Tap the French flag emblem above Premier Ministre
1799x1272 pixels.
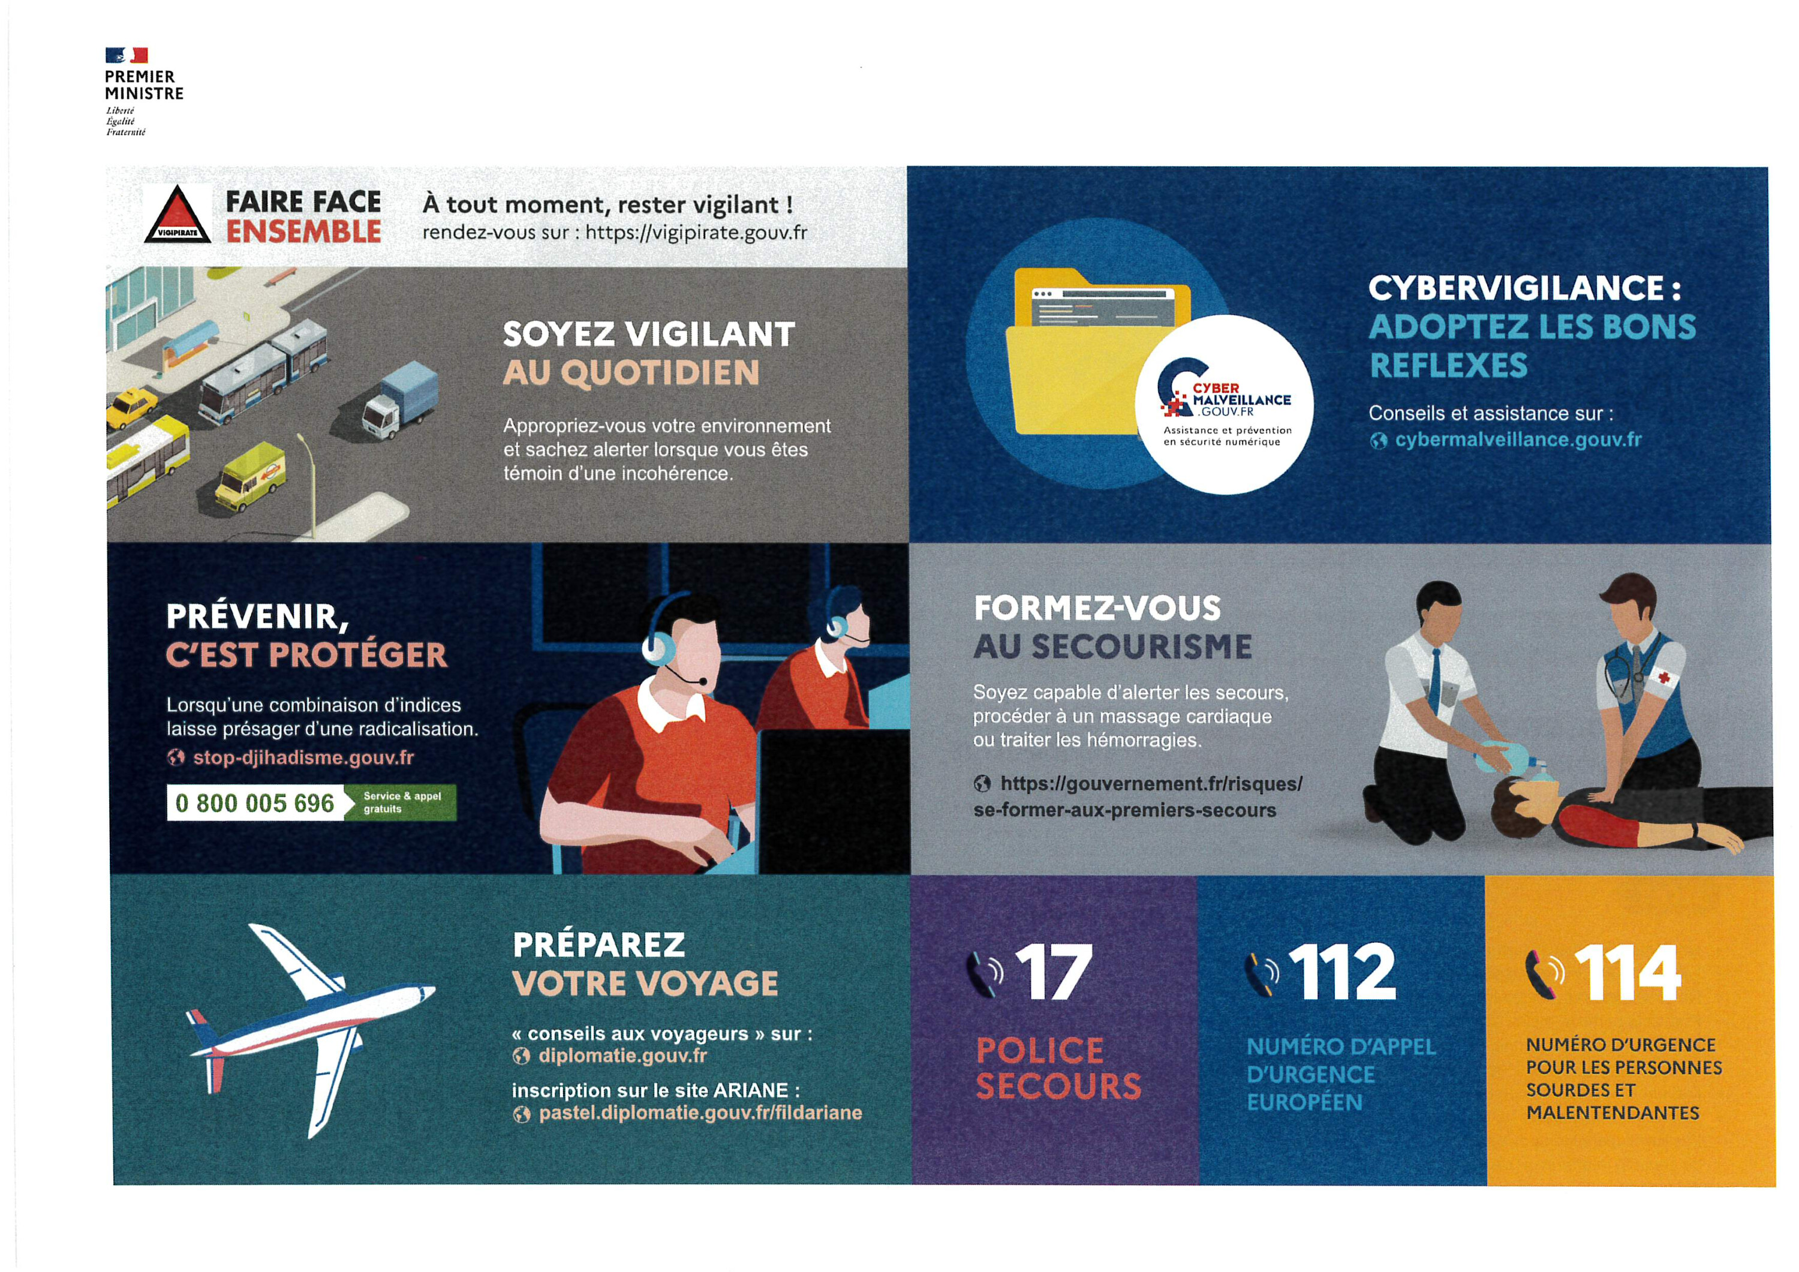point(127,55)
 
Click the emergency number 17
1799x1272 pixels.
point(1054,973)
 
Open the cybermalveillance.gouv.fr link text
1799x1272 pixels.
point(1518,440)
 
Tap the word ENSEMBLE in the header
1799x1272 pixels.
point(303,232)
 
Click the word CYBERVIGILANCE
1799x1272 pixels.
point(1515,288)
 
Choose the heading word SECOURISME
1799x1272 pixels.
point(1142,646)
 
